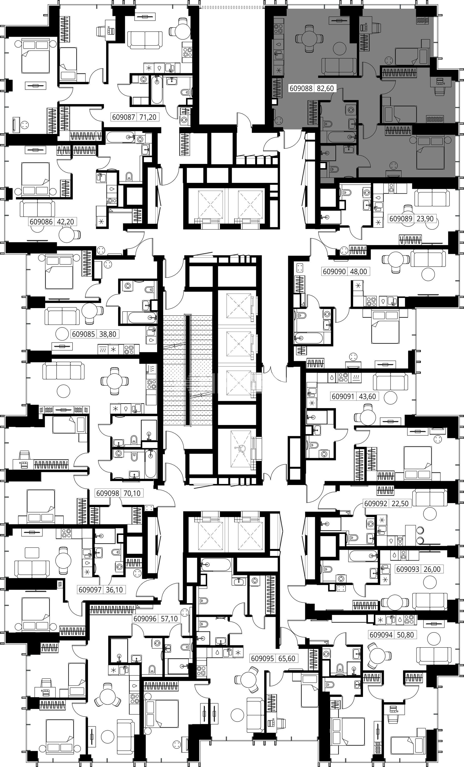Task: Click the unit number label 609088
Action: click(x=301, y=88)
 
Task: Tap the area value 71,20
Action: click(x=148, y=117)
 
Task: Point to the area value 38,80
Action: click(x=108, y=334)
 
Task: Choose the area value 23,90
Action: click(x=425, y=219)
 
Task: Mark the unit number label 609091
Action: click(x=343, y=397)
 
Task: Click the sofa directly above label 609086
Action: click(x=37, y=208)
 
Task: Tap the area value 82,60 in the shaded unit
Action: click(x=325, y=88)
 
